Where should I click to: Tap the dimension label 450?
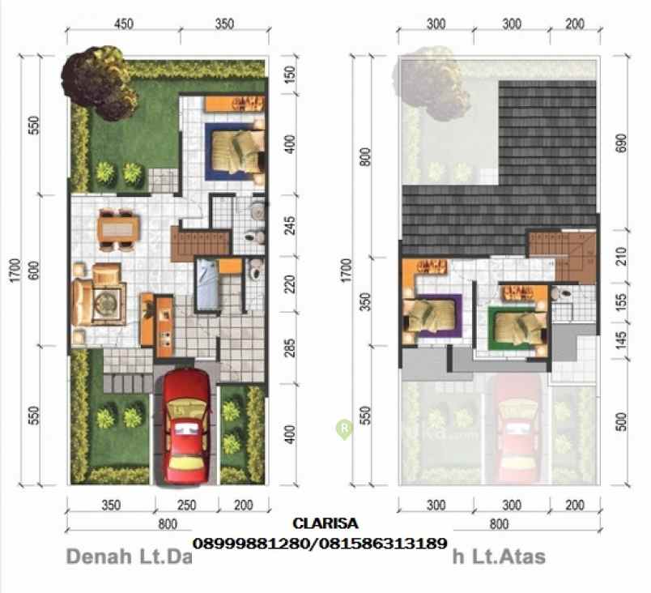tap(124, 24)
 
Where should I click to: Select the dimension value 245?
tap(291, 225)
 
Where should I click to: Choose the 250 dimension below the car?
tap(186, 506)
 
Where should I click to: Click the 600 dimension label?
tap(33, 272)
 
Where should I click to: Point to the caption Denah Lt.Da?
tap(128, 557)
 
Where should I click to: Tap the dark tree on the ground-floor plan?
tap(96, 83)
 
